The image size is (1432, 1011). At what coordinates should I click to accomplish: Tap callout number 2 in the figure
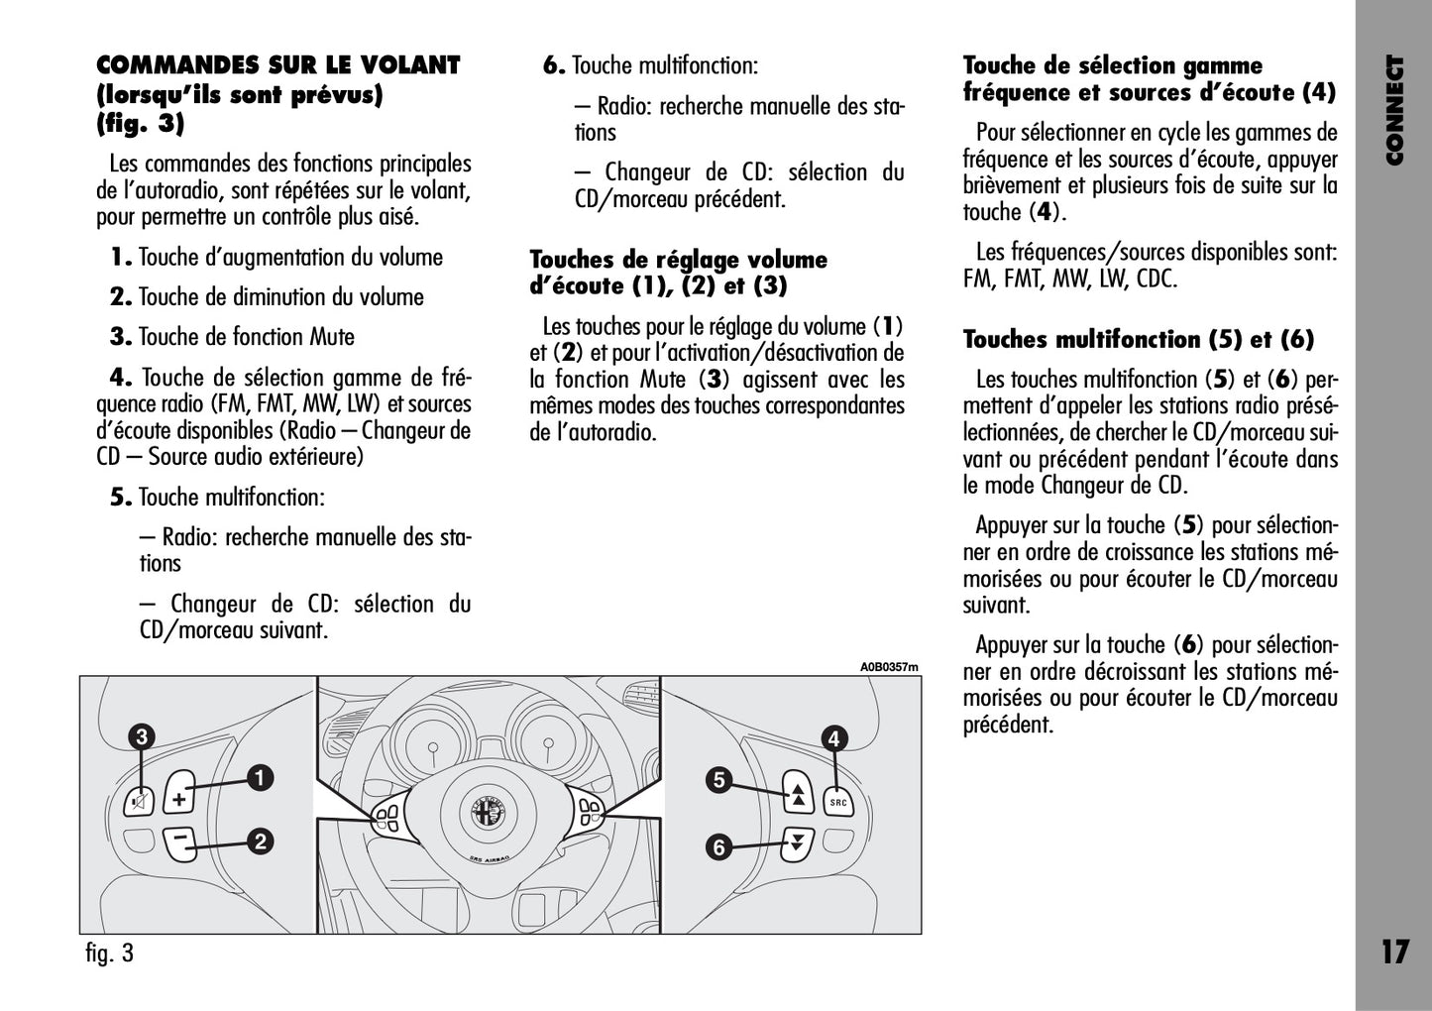point(260,842)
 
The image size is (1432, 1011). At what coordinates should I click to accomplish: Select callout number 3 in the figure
point(142,736)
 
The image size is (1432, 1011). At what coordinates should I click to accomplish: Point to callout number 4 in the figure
point(834,737)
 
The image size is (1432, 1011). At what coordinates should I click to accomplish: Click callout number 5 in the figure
point(719,780)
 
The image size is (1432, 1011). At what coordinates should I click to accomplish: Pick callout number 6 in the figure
point(719,847)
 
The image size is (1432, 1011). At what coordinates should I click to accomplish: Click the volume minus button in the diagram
point(179,842)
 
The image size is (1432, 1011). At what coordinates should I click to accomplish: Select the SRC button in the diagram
point(837,802)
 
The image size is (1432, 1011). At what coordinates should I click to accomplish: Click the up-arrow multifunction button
point(797,791)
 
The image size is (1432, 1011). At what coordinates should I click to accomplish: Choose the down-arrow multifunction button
point(795,844)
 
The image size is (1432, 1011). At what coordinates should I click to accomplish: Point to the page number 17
point(1393,953)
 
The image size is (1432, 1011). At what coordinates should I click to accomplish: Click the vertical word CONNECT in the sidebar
point(1394,110)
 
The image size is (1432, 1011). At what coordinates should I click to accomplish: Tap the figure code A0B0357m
point(889,667)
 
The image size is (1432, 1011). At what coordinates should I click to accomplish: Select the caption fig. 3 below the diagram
point(109,954)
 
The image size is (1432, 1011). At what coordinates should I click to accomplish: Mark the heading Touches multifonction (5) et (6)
point(1139,339)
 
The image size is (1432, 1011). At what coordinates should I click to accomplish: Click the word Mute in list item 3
point(332,337)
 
